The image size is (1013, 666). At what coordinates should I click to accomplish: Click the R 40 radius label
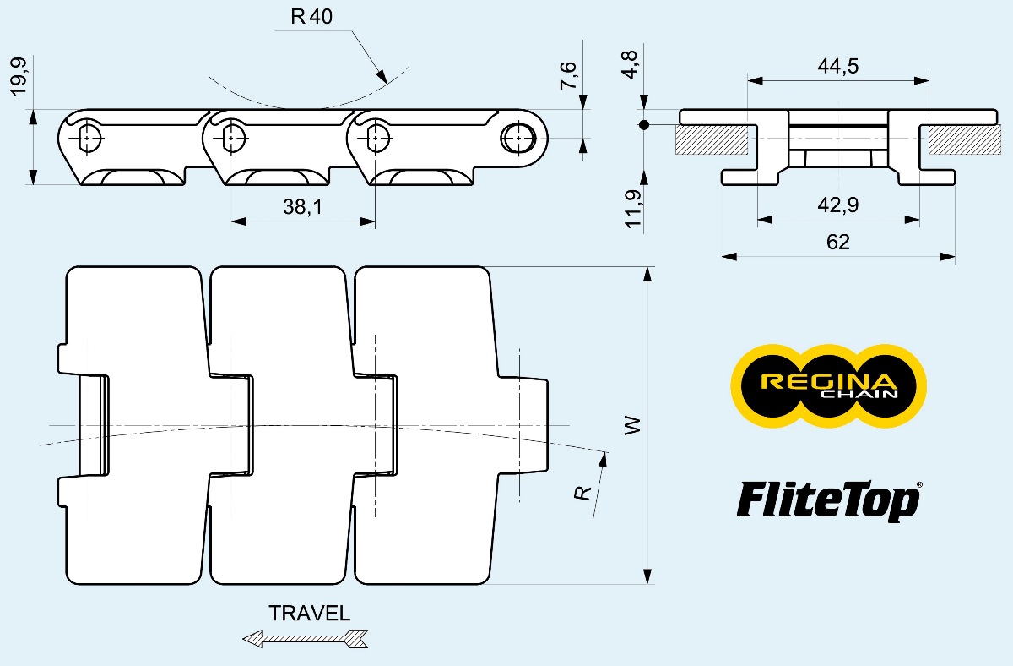pyautogui.click(x=311, y=17)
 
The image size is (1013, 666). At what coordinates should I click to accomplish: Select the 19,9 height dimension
pyautogui.click(x=19, y=77)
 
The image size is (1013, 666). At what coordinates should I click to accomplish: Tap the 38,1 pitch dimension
pyautogui.click(x=302, y=207)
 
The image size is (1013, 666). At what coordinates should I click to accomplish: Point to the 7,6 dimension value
pyautogui.click(x=568, y=75)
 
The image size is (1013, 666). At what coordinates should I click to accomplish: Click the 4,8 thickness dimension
pyautogui.click(x=630, y=65)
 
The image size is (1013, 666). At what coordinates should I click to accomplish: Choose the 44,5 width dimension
pyautogui.click(x=838, y=66)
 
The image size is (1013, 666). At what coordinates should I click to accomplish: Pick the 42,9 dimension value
pyautogui.click(x=838, y=205)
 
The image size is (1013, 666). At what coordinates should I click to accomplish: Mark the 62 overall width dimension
pyautogui.click(x=838, y=243)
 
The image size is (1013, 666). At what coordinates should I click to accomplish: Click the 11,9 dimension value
pyautogui.click(x=632, y=209)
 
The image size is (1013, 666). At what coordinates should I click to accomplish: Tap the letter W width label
pyautogui.click(x=632, y=426)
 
